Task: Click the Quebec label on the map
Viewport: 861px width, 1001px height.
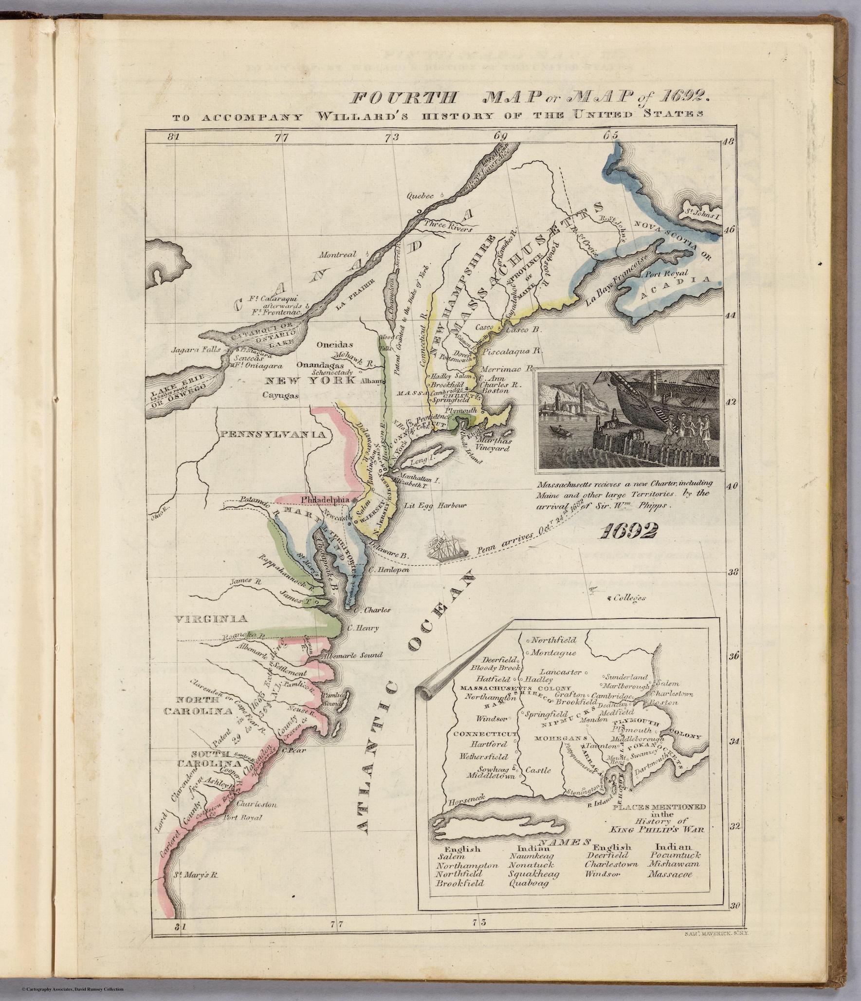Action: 421,196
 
